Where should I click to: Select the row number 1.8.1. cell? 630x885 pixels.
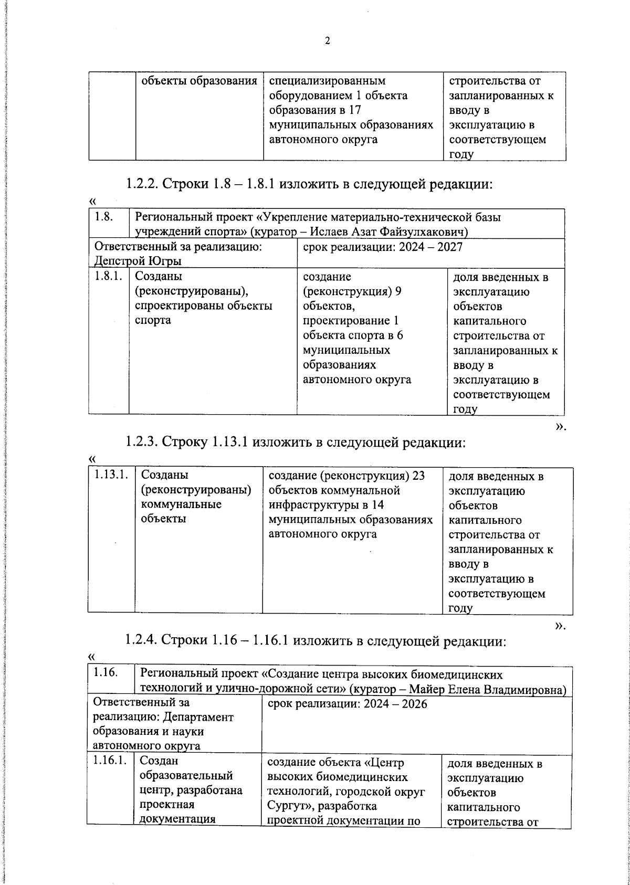click(x=109, y=277)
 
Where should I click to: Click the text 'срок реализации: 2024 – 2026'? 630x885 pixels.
click(x=347, y=704)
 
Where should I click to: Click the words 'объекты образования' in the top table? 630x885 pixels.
click(x=199, y=81)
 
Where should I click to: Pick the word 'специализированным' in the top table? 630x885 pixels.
click(x=327, y=81)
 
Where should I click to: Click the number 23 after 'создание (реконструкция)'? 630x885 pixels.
click(x=418, y=476)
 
